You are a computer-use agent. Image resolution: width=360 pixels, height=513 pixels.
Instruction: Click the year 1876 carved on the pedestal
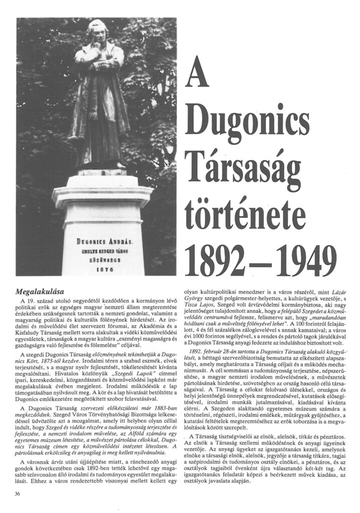coord(103,268)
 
